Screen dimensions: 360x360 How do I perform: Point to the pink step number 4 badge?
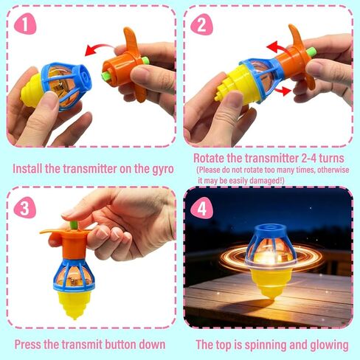tap(201, 208)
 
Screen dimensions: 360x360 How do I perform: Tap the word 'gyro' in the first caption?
tap(160, 169)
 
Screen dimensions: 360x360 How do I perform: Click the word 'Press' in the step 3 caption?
tap(30, 345)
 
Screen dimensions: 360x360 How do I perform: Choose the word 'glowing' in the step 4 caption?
tap(327, 345)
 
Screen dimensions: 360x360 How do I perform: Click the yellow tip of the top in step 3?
tap(72, 308)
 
